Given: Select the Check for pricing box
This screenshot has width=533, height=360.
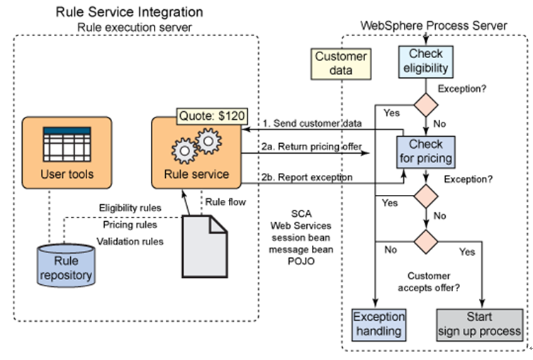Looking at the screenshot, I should click(425, 150).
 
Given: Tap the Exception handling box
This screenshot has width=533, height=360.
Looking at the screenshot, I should click(378, 323).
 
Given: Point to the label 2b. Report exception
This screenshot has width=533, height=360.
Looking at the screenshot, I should click(306, 177).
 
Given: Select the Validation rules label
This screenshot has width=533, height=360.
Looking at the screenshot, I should click(130, 241).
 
